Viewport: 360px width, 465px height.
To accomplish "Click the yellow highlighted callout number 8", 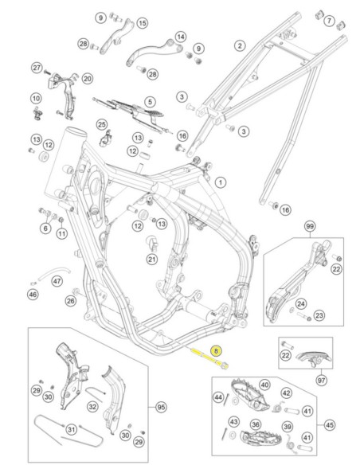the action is pyautogui.click(x=216, y=351).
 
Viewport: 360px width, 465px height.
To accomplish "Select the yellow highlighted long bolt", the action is pyautogui.click(x=210, y=358).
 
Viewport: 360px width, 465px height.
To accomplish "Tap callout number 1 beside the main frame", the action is pyautogui.click(x=220, y=182).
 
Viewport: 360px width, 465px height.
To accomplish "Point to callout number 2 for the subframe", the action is pyautogui.click(x=240, y=45).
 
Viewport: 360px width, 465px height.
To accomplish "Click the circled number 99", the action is pyautogui.click(x=310, y=227).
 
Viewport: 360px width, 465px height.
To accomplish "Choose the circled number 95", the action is pyautogui.click(x=161, y=408).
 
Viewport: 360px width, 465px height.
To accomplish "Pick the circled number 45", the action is pyautogui.click(x=330, y=425).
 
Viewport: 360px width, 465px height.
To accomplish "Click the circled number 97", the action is pyautogui.click(x=322, y=380).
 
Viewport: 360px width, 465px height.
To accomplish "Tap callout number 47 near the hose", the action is pyautogui.click(x=57, y=280).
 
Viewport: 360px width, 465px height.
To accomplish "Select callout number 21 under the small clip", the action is pyautogui.click(x=152, y=260).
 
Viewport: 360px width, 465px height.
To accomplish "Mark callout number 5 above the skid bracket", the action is pyautogui.click(x=150, y=102).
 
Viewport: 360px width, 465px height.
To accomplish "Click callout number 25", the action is pyautogui.click(x=102, y=124).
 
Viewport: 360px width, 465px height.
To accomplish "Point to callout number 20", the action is pyautogui.click(x=87, y=79).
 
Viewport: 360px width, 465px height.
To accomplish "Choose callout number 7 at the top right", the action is pyautogui.click(x=329, y=21).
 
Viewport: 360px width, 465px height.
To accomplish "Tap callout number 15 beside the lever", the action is pyautogui.click(x=143, y=23).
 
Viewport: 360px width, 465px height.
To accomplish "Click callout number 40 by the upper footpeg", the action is pyautogui.click(x=264, y=385).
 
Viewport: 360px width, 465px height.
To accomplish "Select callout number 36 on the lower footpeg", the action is pyautogui.click(x=256, y=424).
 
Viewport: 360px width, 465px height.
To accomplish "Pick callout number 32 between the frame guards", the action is pyautogui.click(x=92, y=407).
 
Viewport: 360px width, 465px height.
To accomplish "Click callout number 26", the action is pyautogui.click(x=70, y=301).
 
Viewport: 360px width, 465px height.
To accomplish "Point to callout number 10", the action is pyautogui.click(x=36, y=99).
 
